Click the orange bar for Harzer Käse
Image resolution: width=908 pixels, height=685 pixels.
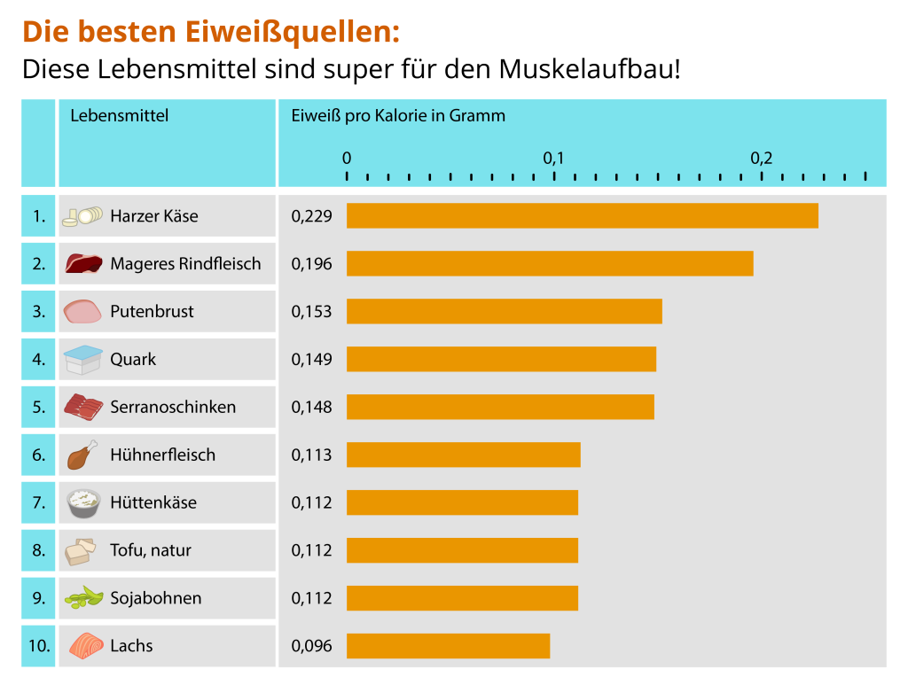[582, 215]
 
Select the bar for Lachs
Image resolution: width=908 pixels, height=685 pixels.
[448, 646]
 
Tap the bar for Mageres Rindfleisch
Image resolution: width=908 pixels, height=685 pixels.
[550, 263]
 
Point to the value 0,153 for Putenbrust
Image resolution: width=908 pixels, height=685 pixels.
[311, 311]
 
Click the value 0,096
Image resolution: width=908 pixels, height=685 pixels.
[311, 646]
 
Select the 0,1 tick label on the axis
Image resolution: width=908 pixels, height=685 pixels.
[553, 159]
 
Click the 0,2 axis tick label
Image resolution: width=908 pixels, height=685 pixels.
[761, 159]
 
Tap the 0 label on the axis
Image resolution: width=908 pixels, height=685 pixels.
[347, 159]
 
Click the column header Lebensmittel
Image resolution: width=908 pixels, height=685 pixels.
[119, 115]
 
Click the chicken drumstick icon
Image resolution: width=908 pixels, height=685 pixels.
[82, 455]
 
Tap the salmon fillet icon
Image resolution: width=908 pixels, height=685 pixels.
[84, 646]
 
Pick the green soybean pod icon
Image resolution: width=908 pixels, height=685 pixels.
[83, 598]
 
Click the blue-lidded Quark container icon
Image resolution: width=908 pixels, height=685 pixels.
[83, 360]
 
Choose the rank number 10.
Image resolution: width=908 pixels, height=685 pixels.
[39, 646]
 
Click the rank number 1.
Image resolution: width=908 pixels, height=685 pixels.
[38, 215]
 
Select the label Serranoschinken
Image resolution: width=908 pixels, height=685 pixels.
[173, 407]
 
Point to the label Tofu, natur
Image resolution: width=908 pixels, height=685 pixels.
[150, 550]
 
